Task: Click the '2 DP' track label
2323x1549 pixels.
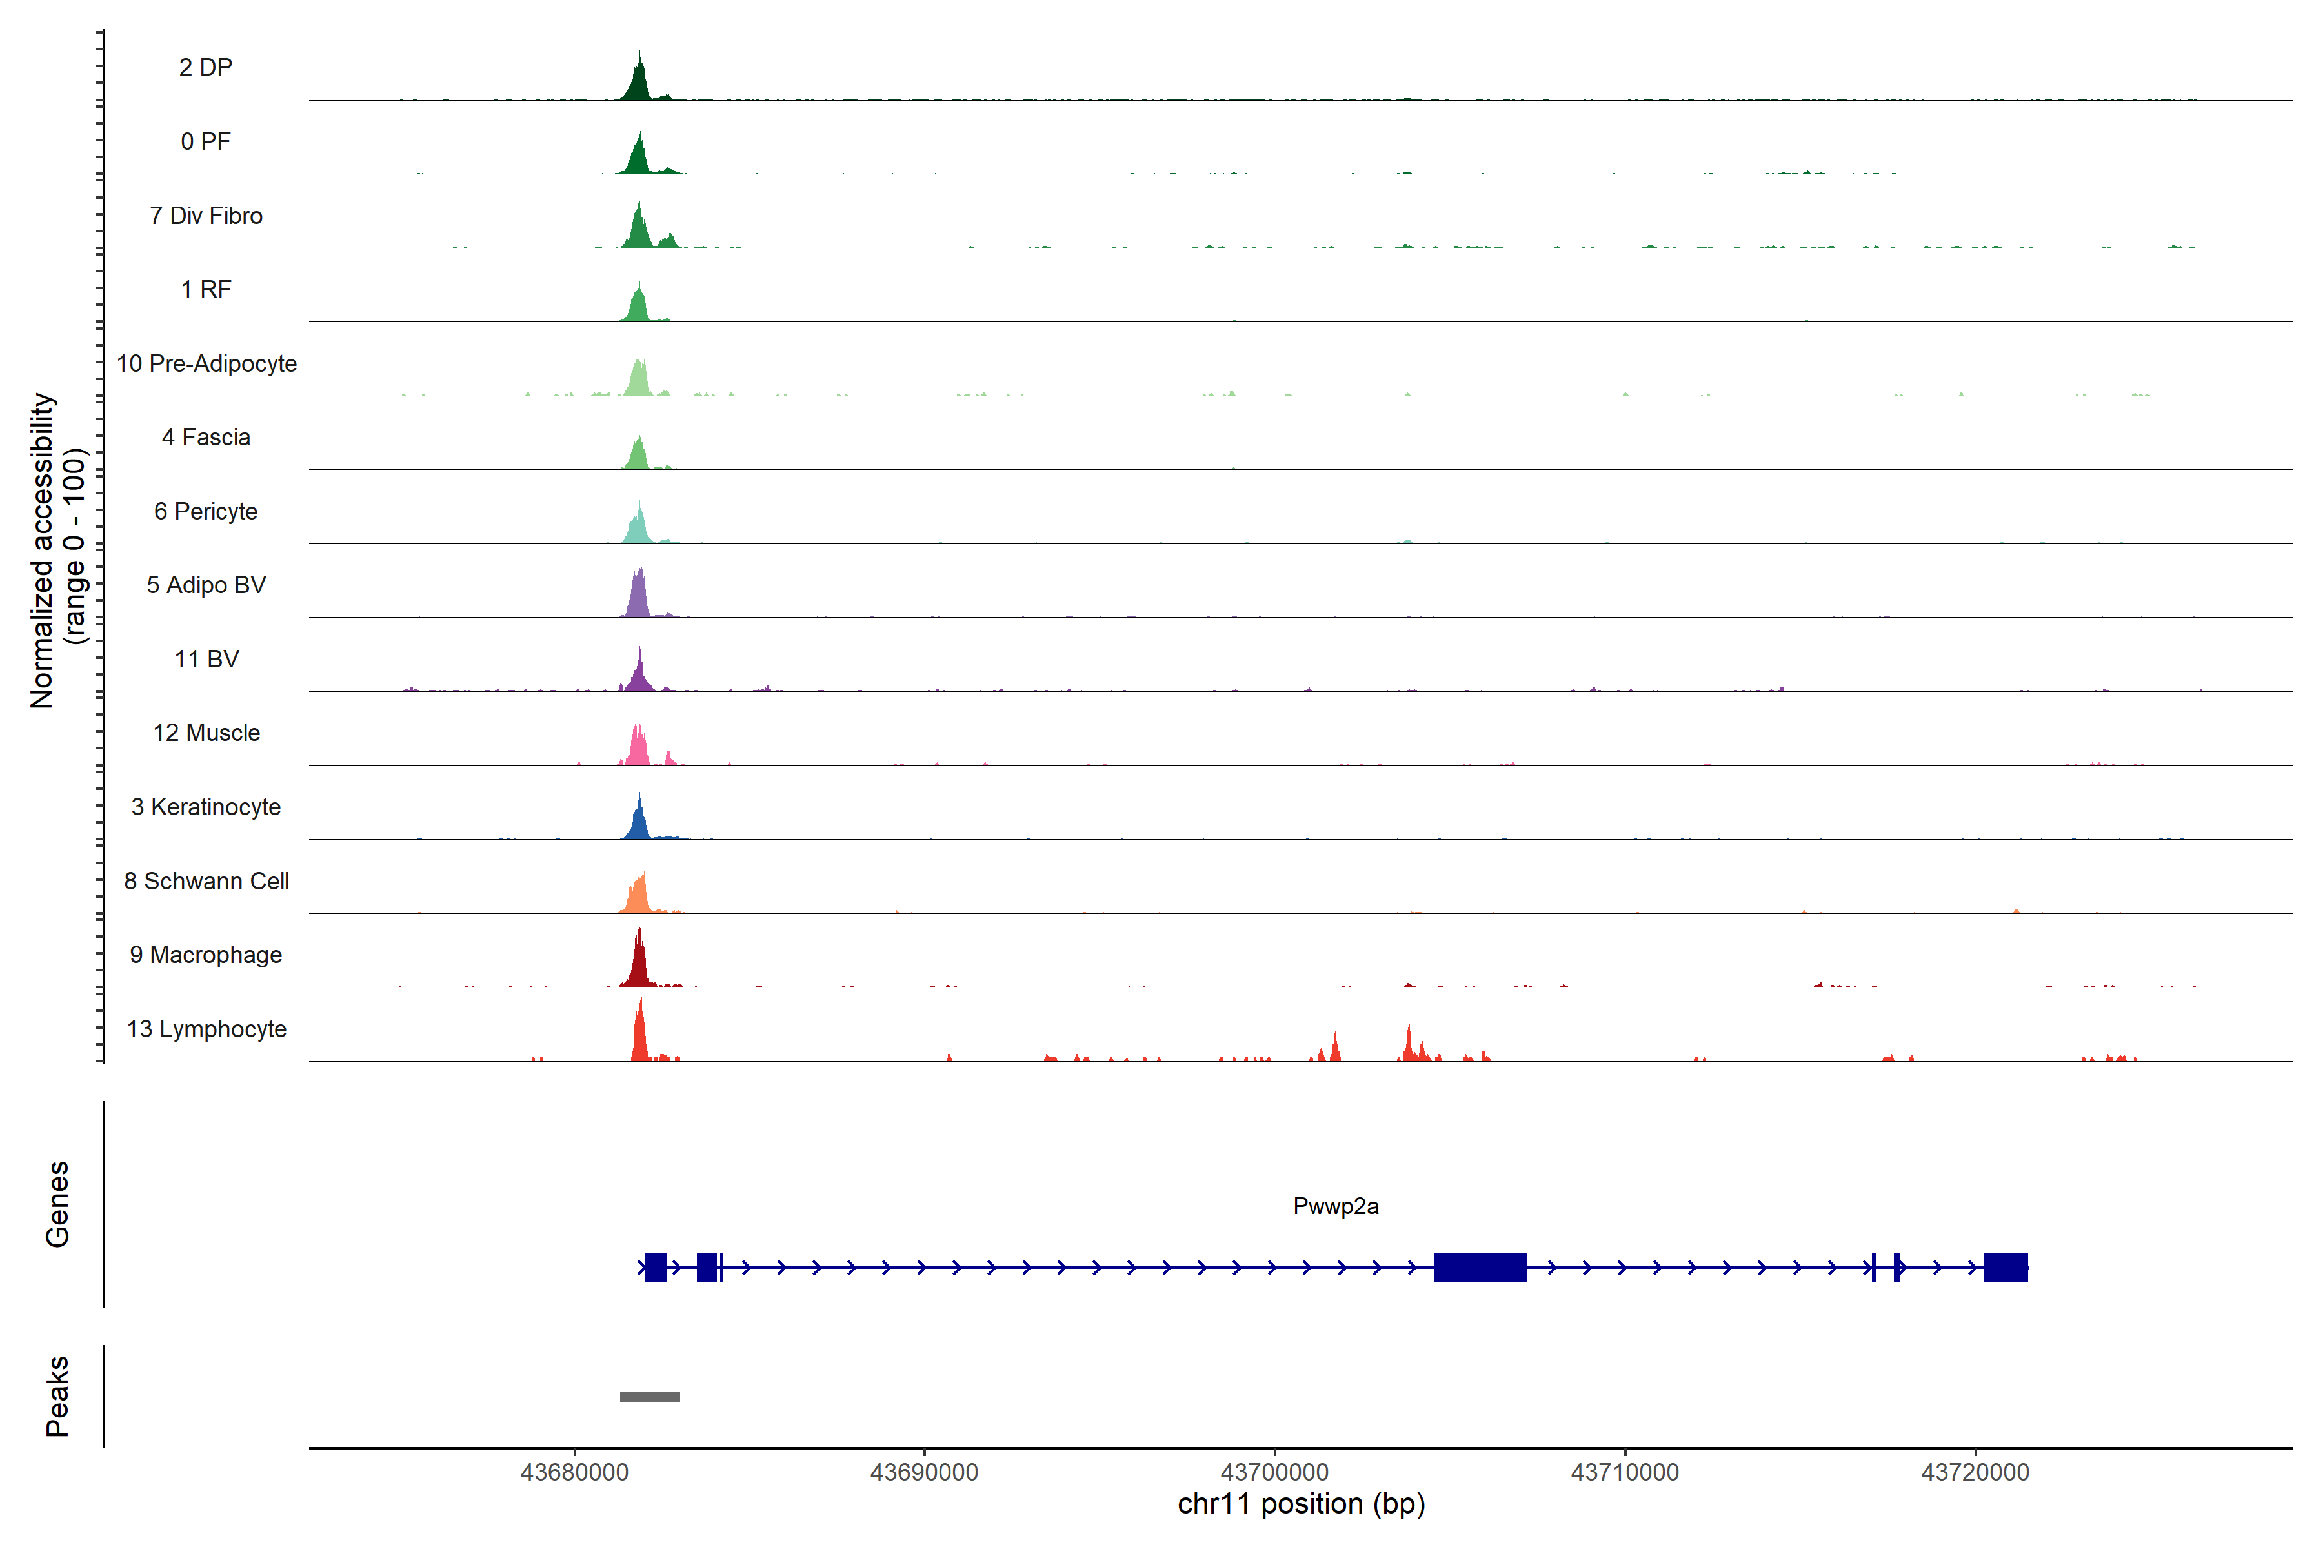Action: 205,67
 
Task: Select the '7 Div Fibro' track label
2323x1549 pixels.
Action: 205,216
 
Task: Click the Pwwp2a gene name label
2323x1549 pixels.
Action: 1335,1205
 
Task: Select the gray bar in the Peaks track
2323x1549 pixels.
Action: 650,1397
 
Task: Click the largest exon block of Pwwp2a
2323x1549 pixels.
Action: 1480,1266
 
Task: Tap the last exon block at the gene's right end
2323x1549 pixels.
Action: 2005,1266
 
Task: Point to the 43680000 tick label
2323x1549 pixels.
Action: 574,1472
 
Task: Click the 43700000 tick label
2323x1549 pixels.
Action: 1274,1472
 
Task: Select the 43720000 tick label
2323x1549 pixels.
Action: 1975,1472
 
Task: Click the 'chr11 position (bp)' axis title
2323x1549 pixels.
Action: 1301,1504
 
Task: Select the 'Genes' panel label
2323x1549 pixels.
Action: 57,1204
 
